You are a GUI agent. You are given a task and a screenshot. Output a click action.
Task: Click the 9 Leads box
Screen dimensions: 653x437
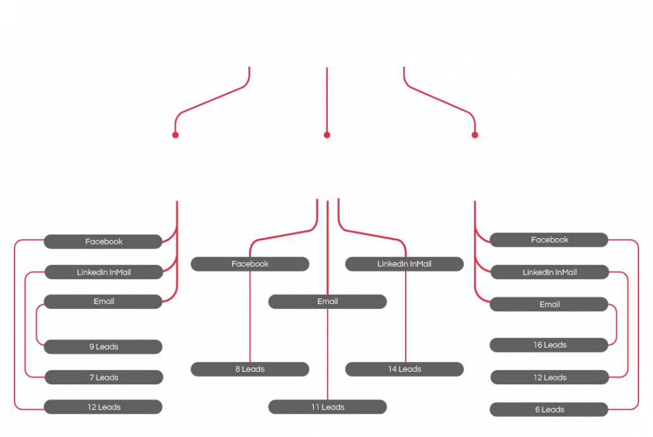[x=103, y=346]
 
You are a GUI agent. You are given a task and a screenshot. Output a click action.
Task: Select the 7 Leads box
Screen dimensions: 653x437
[x=104, y=377]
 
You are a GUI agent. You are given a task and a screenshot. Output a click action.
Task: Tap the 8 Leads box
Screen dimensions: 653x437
[x=250, y=369]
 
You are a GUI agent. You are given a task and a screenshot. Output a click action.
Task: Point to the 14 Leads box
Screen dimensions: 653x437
[x=404, y=369]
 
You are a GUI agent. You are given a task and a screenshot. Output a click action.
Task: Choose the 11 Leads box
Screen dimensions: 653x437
[x=327, y=407]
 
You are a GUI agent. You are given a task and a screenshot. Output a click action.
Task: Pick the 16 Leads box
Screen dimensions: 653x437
[x=549, y=345]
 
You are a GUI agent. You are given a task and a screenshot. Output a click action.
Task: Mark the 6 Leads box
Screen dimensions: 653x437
[x=549, y=410]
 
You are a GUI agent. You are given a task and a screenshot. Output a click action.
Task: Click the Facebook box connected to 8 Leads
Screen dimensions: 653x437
[x=250, y=264]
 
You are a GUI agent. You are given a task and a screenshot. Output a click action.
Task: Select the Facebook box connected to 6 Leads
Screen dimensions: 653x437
[x=549, y=240]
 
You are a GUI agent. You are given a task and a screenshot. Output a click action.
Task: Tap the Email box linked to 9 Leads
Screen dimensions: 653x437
[x=103, y=301]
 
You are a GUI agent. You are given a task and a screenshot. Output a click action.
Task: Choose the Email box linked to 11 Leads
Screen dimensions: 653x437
[x=327, y=301]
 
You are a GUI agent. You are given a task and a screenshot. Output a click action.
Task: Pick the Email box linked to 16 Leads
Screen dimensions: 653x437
[x=549, y=304]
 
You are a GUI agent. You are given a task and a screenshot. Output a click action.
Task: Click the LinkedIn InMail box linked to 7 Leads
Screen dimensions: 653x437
[x=104, y=272]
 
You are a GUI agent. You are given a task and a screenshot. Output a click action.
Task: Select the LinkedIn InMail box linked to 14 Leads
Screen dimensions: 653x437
[x=404, y=264]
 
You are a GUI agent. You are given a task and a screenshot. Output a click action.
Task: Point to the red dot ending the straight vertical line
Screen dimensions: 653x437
[x=327, y=135]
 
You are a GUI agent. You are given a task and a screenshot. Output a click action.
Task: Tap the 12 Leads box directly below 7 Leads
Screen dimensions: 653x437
[x=103, y=407]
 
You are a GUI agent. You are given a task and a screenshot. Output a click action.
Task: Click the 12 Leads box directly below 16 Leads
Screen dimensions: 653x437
[x=550, y=377]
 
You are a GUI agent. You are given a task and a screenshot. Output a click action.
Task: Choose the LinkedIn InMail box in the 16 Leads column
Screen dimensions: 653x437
[x=550, y=272]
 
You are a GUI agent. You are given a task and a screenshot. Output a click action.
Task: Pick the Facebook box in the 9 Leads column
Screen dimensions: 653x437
[x=103, y=241]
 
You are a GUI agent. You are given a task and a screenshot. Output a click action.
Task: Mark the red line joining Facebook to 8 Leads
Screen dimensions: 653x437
[x=250, y=317]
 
